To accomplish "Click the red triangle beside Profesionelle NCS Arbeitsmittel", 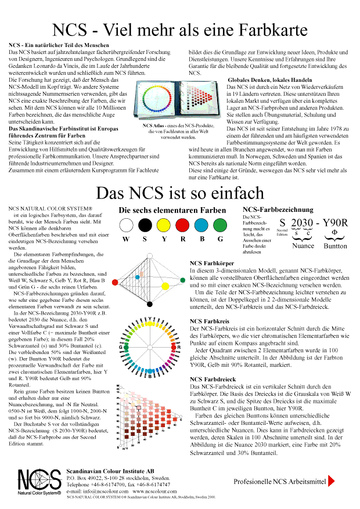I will click(x=332, y=481).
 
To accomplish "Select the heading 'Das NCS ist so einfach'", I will click(x=180, y=193).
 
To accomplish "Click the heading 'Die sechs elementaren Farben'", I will click(x=173, y=210).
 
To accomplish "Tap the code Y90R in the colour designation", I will click(x=335, y=222).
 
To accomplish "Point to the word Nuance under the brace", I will click(x=303, y=246).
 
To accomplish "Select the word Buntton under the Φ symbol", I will click(x=334, y=246).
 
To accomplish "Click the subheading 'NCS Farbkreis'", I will click(x=210, y=320).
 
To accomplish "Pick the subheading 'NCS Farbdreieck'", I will click(x=213, y=379).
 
